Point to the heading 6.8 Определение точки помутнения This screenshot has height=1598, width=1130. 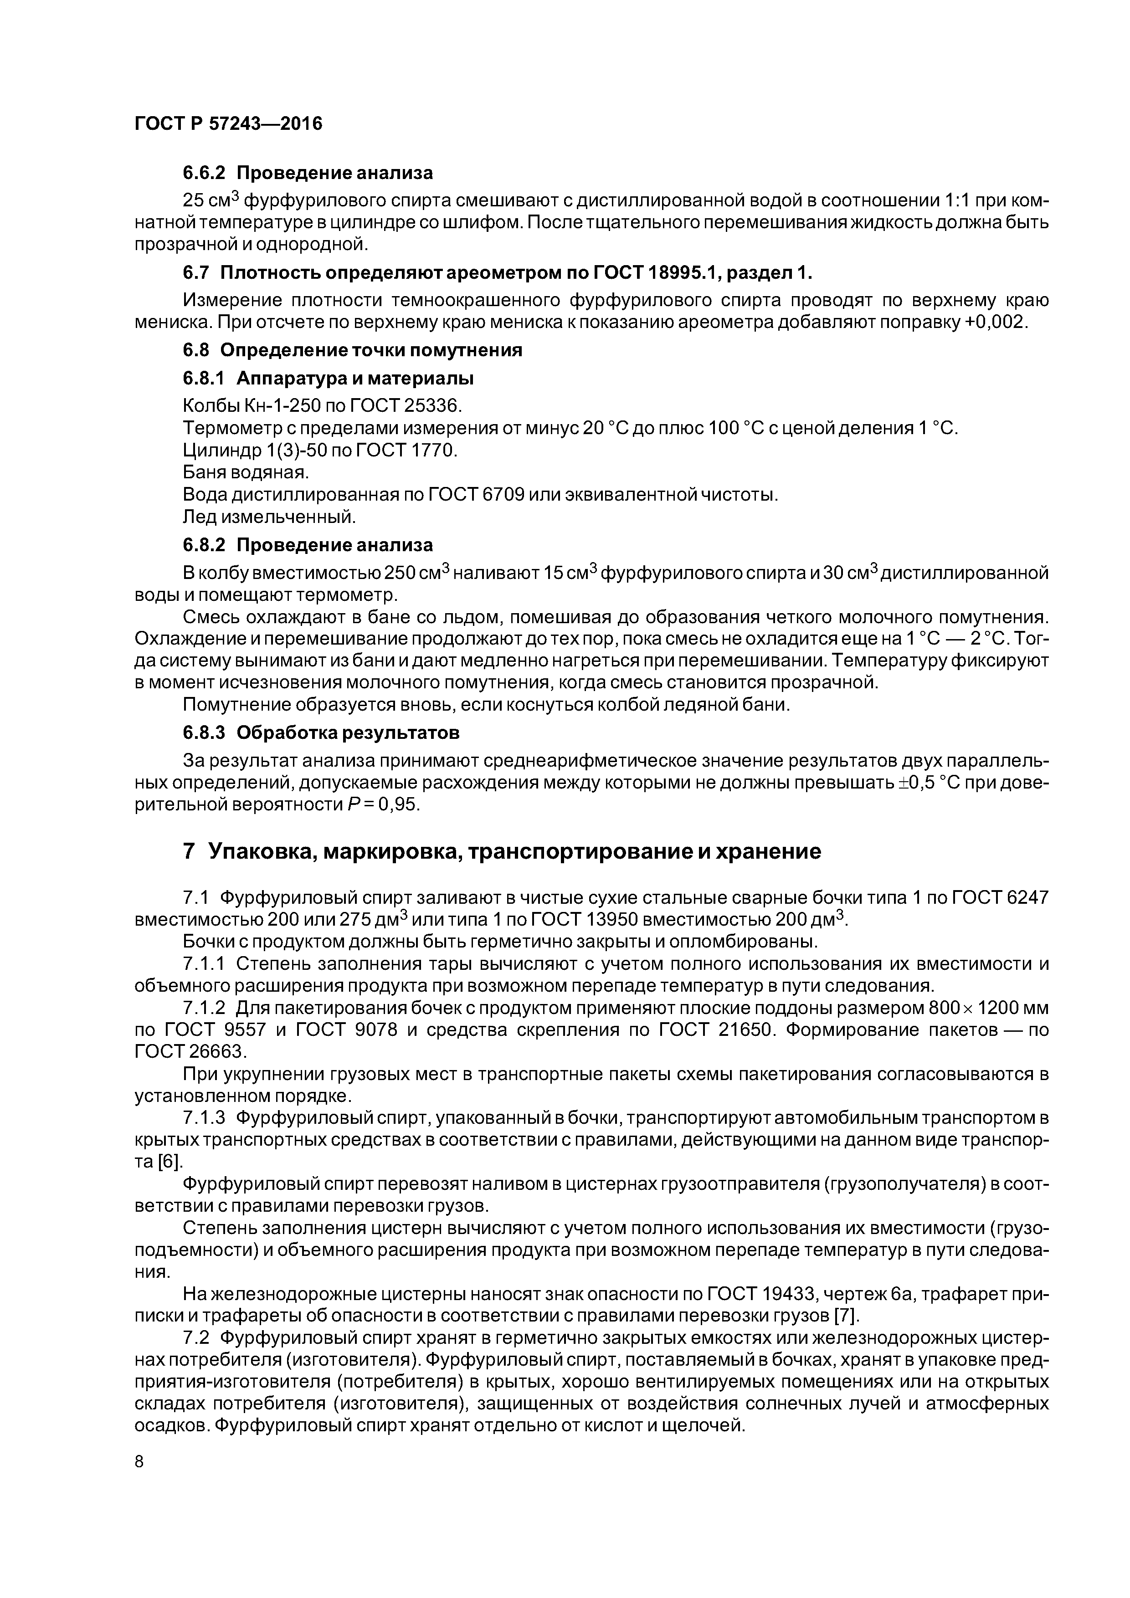[x=352, y=350]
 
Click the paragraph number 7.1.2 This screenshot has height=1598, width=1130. [x=204, y=1008]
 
